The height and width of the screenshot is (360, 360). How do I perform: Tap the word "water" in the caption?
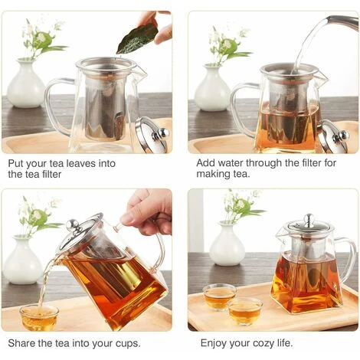[x=231, y=163]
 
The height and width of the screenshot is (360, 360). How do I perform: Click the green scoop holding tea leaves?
[x=138, y=37]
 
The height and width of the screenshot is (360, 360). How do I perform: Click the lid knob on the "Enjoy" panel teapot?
[x=306, y=220]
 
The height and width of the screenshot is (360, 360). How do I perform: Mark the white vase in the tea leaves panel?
[x=26, y=85]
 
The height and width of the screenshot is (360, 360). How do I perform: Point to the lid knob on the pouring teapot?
[x=73, y=225]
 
